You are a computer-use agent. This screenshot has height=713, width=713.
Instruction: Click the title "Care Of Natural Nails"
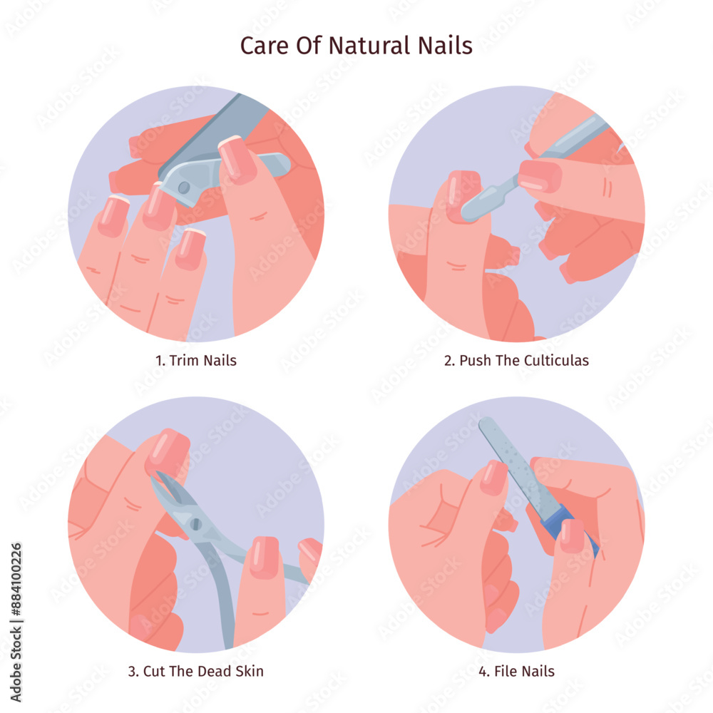(x=356, y=46)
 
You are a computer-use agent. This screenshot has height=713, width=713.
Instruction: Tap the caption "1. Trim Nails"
(x=196, y=360)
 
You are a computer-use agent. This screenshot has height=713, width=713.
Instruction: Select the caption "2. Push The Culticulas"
(x=516, y=360)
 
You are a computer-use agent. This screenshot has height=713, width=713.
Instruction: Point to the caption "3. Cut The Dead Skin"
(x=196, y=671)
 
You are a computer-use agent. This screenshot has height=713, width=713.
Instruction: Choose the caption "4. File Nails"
(x=516, y=671)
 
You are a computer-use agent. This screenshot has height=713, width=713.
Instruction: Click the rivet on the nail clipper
(x=184, y=188)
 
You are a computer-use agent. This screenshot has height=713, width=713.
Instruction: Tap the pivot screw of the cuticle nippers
(x=196, y=524)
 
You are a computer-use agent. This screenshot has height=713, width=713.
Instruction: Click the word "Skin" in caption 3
(x=250, y=671)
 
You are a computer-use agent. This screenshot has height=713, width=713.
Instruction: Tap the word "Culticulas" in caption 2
(x=556, y=360)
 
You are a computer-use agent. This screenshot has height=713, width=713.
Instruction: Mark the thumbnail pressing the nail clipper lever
(x=237, y=159)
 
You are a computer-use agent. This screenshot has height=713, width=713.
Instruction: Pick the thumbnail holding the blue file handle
(x=572, y=536)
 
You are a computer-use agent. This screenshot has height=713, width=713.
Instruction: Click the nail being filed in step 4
(x=493, y=478)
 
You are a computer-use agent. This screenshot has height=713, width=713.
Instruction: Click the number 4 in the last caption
(x=483, y=671)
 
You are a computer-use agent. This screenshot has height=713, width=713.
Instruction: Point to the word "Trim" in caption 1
(x=185, y=360)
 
